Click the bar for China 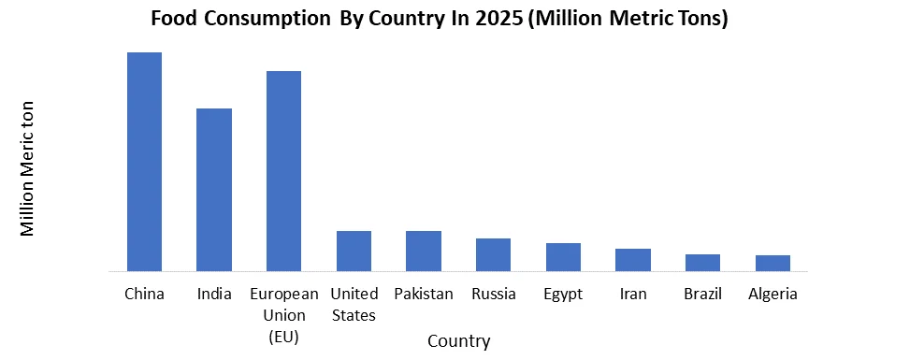(x=144, y=162)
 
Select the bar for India (x=214, y=190)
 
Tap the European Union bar (x=283, y=171)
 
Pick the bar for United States (x=354, y=251)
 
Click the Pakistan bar (x=423, y=251)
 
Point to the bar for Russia (x=493, y=254)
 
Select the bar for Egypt (x=563, y=257)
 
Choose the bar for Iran (x=633, y=260)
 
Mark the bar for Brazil (x=702, y=263)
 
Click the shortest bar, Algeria (x=772, y=263)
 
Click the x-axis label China (x=144, y=294)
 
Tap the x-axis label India (x=214, y=294)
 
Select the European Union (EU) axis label (x=283, y=314)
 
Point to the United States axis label (x=354, y=304)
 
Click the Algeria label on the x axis (x=772, y=294)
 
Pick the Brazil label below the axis (x=702, y=294)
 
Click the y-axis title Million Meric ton (x=28, y=168)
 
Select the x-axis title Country (x=458, y=340)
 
